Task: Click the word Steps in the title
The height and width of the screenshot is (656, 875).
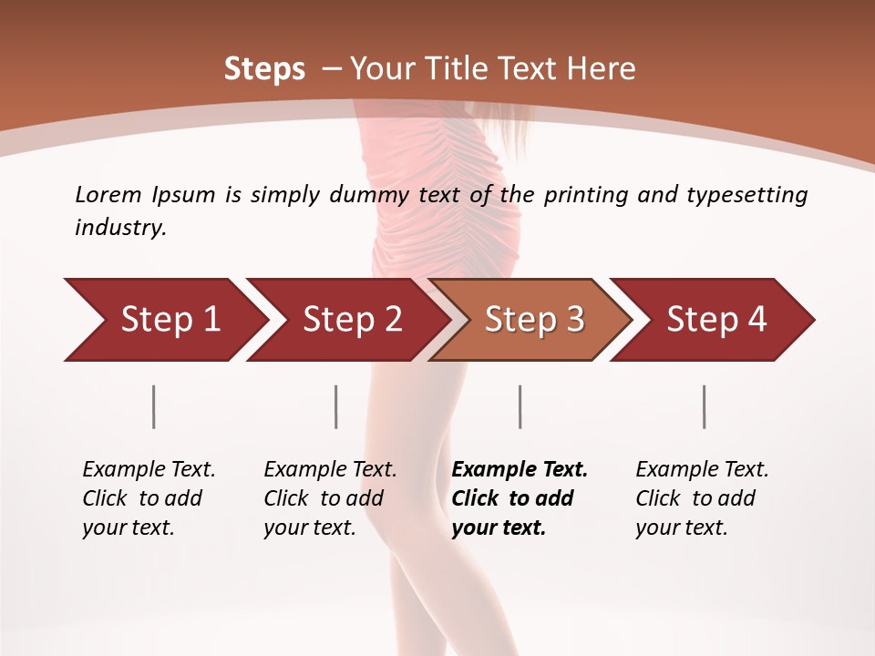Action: click(264, 68)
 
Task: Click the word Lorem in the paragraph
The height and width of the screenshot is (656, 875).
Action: click(108, 194)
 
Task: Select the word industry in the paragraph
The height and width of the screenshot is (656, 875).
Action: click(120, 228)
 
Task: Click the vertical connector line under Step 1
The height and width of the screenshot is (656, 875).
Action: click(154, 406)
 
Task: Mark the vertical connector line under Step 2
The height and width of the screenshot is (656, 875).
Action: click(336, 406)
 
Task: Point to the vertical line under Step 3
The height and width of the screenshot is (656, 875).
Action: click(520, 406)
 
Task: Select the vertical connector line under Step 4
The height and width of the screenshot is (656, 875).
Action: click(705, 406)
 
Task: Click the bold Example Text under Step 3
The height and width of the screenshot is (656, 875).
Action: click(520, 498)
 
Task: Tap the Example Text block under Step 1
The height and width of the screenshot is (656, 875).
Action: click(149, 498)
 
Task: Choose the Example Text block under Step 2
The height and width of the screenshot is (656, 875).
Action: click(330, 498)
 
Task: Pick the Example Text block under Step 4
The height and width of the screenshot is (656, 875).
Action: click(702, 498)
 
